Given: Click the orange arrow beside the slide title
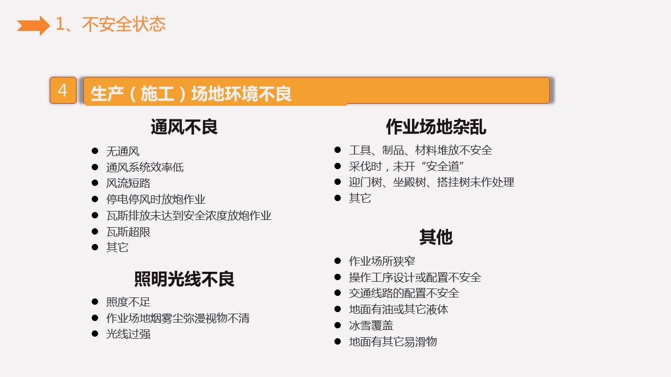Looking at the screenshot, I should point(33,25).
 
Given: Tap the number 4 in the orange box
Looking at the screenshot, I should point(63,91).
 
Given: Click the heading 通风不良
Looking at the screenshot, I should point(184,127).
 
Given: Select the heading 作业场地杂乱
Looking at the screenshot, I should point(436,127).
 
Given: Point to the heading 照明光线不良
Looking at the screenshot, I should point(184,279).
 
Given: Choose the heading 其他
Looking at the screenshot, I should point(436,237).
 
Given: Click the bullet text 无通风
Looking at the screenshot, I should point(123,151).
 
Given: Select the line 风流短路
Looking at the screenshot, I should point(128,183).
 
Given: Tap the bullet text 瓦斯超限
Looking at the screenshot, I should point(128,231).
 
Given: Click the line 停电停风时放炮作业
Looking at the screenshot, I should point(156,199).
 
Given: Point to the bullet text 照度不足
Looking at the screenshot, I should point(128,302).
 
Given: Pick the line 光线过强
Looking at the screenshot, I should point(128,334).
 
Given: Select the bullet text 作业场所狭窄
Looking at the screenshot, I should point(382,261).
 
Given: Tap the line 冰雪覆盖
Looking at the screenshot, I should point(371,326).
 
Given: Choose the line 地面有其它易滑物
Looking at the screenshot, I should point(393,342).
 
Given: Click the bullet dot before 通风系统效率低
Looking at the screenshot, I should point(95,167).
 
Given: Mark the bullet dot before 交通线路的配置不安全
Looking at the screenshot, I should point(338,293).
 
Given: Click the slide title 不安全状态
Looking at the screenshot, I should point(124,25).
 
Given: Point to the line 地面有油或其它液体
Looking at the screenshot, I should point(398,309).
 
